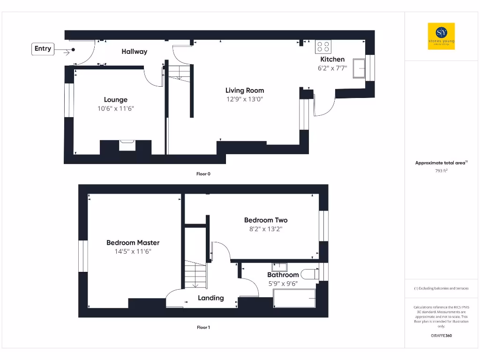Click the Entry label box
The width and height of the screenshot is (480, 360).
pyautogui.click(x=43, y=49)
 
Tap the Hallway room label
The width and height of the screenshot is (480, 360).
pyautogui.click(x=134, y=52)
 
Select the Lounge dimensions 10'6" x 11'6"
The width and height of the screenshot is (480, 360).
pyautogui.click(x=115, y=108)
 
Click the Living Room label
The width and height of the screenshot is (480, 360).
pyautogui.click(x=244, y=90)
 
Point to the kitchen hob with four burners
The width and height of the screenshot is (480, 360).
pyautogui.click(x=323, y=46)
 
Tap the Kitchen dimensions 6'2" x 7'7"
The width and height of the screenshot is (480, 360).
pyautogui.click(x=332, y=68)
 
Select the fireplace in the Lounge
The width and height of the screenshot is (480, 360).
pyautogui.click(x=127, y=145)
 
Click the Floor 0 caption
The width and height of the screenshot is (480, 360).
pyautogui.click(x=203, y=174)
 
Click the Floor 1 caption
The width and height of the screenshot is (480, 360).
pyautogui.click(x=203, y=328)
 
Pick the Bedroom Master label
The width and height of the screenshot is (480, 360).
pyautogui.click(x=133, y=243)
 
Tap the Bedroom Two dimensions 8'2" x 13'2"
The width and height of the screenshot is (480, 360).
pyautogui.click(x=266, y=229)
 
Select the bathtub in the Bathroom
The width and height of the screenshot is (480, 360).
pyautogui.click(x=294, y=299)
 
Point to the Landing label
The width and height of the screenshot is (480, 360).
pyautogui.click(x=210, y=298)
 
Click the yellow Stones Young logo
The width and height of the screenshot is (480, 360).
pyautogui.click(x=441, y=36)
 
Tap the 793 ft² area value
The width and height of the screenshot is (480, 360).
pyautogui.click(x=441, y=171)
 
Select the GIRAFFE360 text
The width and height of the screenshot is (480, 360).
pyautogui.click(x=441, y=336)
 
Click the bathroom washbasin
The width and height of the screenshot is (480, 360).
pyautogui.click(x=279, y=268)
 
